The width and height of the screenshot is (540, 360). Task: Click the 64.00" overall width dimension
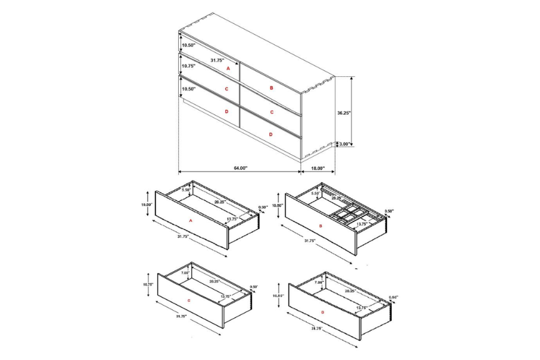coord(240,168)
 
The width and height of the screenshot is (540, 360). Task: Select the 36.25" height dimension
coord(344,112)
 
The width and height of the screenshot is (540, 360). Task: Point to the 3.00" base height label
coord(345,144)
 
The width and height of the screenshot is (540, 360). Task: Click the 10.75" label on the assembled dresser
coord(188,66)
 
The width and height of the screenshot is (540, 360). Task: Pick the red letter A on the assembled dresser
coord(228,69)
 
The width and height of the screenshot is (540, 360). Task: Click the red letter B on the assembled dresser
coord(271,88)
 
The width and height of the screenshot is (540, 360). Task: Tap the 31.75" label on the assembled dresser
coord(217,60)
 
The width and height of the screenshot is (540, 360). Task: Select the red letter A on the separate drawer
coord(190,221)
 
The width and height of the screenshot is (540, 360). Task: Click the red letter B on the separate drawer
coord(321,226)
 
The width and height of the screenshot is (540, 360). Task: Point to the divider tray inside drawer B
coord(347,215)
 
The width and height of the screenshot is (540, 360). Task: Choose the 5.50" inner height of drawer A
coord(186,190)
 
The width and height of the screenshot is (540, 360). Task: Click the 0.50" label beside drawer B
coord(389,211)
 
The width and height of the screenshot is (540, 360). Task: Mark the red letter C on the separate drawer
coord(188,300)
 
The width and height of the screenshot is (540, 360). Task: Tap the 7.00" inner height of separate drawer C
coord(185,274)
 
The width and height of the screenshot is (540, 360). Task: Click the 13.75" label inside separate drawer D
coord(362,307)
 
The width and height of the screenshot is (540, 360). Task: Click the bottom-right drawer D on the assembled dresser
coord(271,134)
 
